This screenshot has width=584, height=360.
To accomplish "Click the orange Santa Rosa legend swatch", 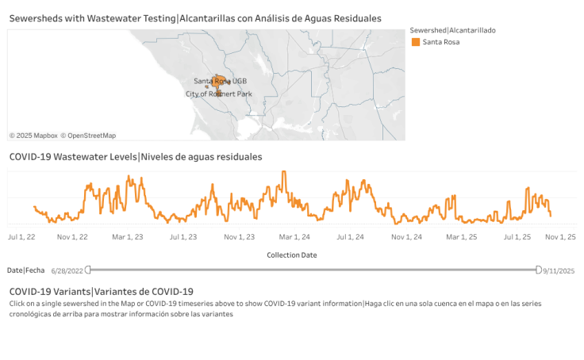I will [x=415, y=42].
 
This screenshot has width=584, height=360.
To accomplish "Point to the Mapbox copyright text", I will [x=33, y=136].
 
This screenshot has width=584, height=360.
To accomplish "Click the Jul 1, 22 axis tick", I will [x=21, y=237].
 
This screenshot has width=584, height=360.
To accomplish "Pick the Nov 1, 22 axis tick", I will [x=72, y=237].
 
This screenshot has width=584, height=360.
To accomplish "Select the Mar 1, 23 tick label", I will [x=128, y=237].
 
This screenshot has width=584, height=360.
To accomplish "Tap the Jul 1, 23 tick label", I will [x=183, y=237].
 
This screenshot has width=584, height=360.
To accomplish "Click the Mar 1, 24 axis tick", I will [x=294, y=237].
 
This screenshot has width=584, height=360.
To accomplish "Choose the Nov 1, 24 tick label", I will [x=405, y=237].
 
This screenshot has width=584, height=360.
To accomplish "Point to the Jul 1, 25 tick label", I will [x=516, y=237].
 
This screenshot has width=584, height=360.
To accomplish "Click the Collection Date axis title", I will [x=291, y=255].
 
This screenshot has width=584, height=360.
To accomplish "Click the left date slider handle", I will [x=88, y=270].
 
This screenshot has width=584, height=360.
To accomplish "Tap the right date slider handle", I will [x=539, y=270].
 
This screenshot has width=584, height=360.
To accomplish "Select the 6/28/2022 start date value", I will [x=67, y=271].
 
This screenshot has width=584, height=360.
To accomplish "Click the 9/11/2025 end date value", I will [x=559, y=271].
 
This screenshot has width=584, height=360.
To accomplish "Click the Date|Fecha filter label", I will [x=26, y=270].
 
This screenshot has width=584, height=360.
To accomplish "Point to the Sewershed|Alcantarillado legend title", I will [x=453, y=29].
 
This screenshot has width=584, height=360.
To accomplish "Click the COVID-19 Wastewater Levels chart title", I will [x=136, y=157].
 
